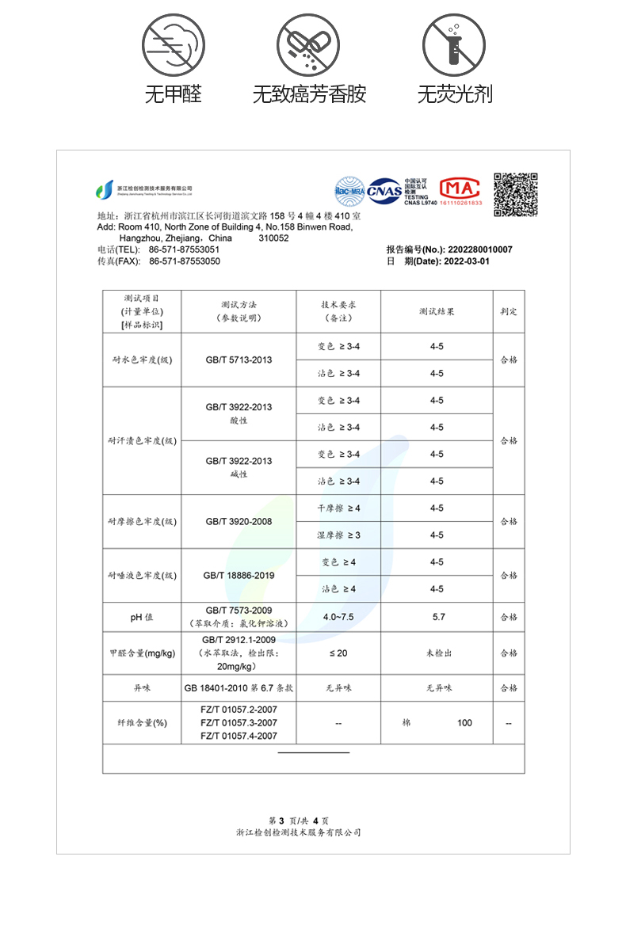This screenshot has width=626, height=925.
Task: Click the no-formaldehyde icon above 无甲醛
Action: (x=173, y=45)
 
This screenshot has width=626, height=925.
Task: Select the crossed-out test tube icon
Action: (x=454, y=45)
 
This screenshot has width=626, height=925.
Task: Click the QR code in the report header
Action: (x=516, y=194)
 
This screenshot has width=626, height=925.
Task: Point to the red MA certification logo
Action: (x=460, y=190)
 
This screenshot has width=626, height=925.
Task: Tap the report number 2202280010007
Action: (x=480, y=249)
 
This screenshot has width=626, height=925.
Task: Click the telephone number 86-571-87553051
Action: (x=185, y=249)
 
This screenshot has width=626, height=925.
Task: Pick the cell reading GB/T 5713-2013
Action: (x=239, y=360)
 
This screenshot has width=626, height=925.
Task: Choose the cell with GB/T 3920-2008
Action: (x=239, y=522)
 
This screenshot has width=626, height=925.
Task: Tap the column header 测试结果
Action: (x=437, y=311)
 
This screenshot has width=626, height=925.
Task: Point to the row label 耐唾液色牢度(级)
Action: (x=143, y=576)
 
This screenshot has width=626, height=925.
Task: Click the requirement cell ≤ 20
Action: (x=338, y=653)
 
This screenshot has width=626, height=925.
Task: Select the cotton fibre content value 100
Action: (x=464, y=722)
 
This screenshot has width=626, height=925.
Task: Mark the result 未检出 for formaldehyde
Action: (x=437, y=653)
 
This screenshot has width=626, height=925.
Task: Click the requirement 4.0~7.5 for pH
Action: (x=338, y=617)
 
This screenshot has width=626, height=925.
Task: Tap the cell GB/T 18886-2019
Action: (x=239, y=576)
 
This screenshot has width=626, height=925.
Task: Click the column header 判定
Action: (x=508, y=311)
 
